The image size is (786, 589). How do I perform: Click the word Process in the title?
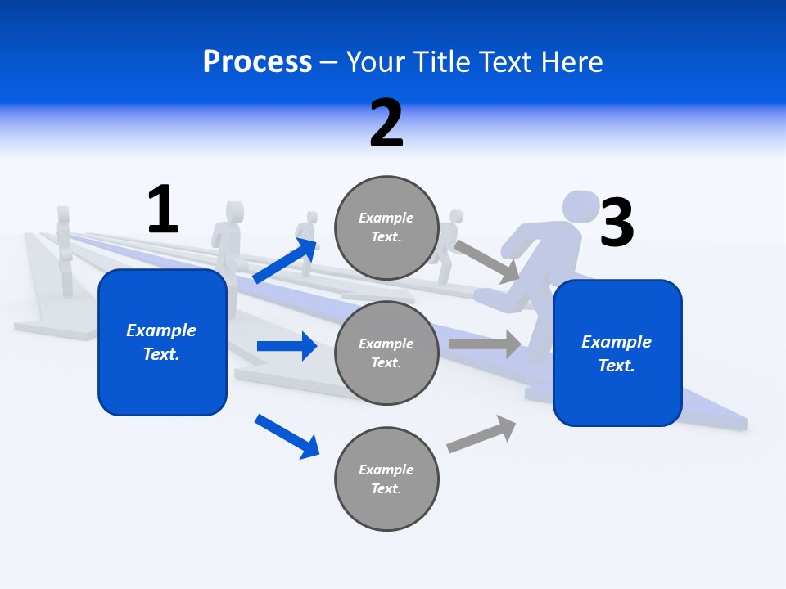point(257,61)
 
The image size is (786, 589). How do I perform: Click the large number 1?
point(163,209)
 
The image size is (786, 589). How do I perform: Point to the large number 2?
point(386,124)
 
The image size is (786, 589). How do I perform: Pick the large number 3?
point(617,223)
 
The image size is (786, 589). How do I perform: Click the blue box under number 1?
point(162,342)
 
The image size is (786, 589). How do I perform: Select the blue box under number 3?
point(617,353)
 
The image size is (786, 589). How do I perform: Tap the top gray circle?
point(386,227)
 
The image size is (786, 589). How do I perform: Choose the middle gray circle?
point(386,353)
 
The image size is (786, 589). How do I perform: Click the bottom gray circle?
point(386,479)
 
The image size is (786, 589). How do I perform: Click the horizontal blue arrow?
point(287,346)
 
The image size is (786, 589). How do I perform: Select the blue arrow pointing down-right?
point(287,436)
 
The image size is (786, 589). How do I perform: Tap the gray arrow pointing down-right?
point(486,261)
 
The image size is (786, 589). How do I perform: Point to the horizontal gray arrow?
point(485,344)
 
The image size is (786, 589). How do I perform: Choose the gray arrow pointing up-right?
point(481,434)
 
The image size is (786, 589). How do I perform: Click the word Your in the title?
point(375,61)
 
